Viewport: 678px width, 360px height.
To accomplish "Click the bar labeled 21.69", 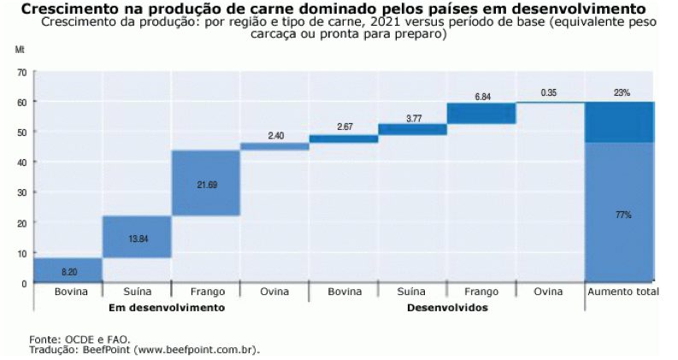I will pyautogui.click(x=205, y=183).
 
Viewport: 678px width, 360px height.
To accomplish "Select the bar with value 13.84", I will pyautogui.click(x=137, y=237).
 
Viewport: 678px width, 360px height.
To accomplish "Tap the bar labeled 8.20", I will pyautogui.click(x=68, y=269).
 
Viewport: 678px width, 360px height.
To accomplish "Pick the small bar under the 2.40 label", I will pyautogui.click(x=274, y=146).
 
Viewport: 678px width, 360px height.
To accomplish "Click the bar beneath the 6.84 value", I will pyautogui.click(x=481, y=113).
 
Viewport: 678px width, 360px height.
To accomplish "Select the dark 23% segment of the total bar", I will pyautogui.click(x=620, y=121).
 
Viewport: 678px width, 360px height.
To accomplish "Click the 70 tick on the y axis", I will pyautogui.click(x=21, y=72).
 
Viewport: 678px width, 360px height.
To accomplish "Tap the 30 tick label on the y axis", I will pyautogui.click(x=21, y=192).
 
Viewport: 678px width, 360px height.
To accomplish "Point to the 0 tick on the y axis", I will pyautogui.click(x=24, y=283).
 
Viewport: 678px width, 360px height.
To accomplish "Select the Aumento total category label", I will pyautogui.click(x=622, y=292).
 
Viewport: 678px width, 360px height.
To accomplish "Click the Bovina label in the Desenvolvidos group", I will pyautogui.click(x=343, y=292).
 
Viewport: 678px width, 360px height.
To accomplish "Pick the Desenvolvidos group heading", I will pyautogui.click(x=447, y=307).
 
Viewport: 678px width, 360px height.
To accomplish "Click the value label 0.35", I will pyautogui.click(x=550, y=92).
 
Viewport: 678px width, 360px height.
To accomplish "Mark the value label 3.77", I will pyautogui.click(x=413, y=117).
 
